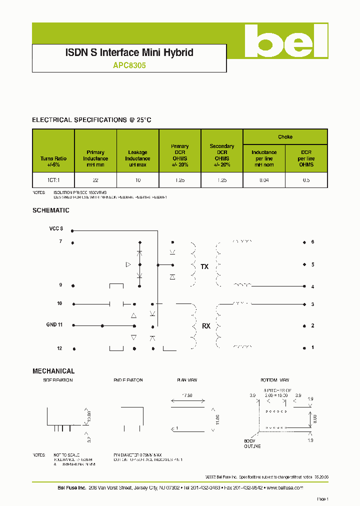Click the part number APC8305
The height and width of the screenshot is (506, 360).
click(x=129, y=65)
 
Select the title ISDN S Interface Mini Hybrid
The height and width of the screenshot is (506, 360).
click(x=129, y=52)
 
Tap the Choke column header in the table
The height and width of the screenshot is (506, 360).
click(x=285, y=136)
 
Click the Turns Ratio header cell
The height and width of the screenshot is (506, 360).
click(x=53, y=161)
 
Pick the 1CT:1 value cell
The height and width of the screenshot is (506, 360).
click(x=53, y=180)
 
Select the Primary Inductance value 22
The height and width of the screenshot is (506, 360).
click(x=95, y=180)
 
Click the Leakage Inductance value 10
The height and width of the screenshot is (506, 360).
click(x=137, y=180)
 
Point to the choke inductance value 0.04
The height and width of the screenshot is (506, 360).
click(x=264, y=180)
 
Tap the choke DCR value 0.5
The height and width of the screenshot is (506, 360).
click(x=306, y=180)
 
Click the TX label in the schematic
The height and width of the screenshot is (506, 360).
click(x=204, y=267)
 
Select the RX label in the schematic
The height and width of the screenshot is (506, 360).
click(x=206, y=326)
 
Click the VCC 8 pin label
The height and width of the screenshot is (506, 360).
click(x=56, y=229)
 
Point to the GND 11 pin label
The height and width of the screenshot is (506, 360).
click(x=54, y=324)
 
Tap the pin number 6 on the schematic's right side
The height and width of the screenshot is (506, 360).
click(x=312, y=242)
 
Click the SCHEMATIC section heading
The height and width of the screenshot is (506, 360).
click(x=50, y=210)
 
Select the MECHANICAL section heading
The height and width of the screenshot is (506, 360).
click(x=53, y=371)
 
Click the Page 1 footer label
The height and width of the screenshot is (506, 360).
click(x=322, y=498)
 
